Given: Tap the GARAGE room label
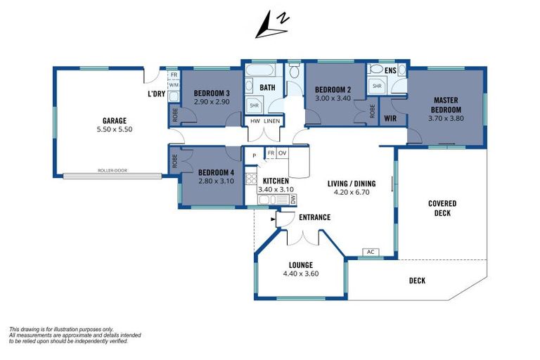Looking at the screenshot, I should pos(114,120).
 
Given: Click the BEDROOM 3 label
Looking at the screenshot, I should pos(212,94).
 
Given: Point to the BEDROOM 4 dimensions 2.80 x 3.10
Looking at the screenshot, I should pos(215,181).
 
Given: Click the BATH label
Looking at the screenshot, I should pos(267,88).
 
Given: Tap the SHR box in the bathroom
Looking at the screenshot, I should pos(253,106).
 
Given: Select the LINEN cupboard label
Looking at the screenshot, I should pos(272,121).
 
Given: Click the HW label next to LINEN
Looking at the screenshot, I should pos(255,121).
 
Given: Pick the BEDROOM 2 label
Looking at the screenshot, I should pos(333,89).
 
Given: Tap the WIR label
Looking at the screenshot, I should pos(391,118).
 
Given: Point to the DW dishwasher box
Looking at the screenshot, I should pos(292,200).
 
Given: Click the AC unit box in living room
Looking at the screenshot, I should pos(370,252).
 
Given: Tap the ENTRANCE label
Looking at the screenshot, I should pos(314,217).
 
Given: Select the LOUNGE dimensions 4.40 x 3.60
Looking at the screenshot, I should pos(301,274).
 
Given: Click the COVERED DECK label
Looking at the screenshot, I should pos(442,208).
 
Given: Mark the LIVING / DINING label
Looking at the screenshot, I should pos(352,184).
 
